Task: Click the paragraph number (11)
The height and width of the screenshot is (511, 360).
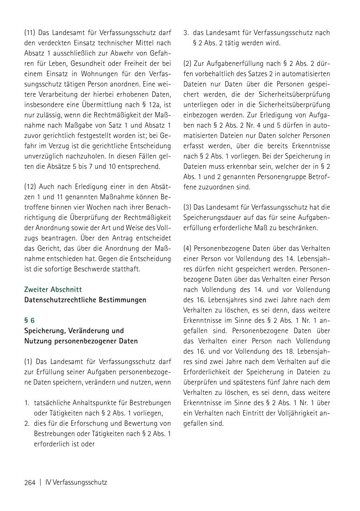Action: [30, 33]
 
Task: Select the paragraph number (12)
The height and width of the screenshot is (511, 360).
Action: [30, 187]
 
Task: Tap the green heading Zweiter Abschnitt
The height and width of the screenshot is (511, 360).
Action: [53, 289]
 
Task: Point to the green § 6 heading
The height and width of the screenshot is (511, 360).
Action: [29, 320]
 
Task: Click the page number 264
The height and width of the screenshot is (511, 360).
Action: [30, 482]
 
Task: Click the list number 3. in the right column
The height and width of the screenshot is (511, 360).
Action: [186, 33]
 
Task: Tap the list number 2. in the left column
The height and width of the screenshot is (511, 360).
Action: [27, 423]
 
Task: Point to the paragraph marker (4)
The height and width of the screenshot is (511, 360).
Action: [188, 248]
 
